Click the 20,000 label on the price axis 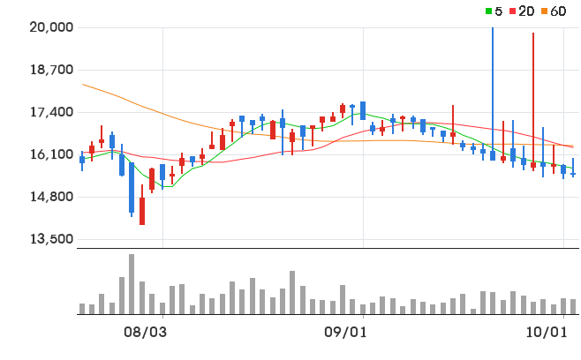51,27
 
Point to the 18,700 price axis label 51,69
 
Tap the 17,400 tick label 51,111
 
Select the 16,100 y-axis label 51,154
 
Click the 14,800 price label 51,196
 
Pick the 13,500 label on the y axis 51,239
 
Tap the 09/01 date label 345,333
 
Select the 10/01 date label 547,333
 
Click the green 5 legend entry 494,11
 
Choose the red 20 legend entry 522,11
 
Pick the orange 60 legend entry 554,11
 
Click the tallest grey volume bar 132,284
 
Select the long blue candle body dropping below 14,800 132,187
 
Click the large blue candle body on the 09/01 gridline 363,111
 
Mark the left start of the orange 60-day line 82,84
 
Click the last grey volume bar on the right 573,307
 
